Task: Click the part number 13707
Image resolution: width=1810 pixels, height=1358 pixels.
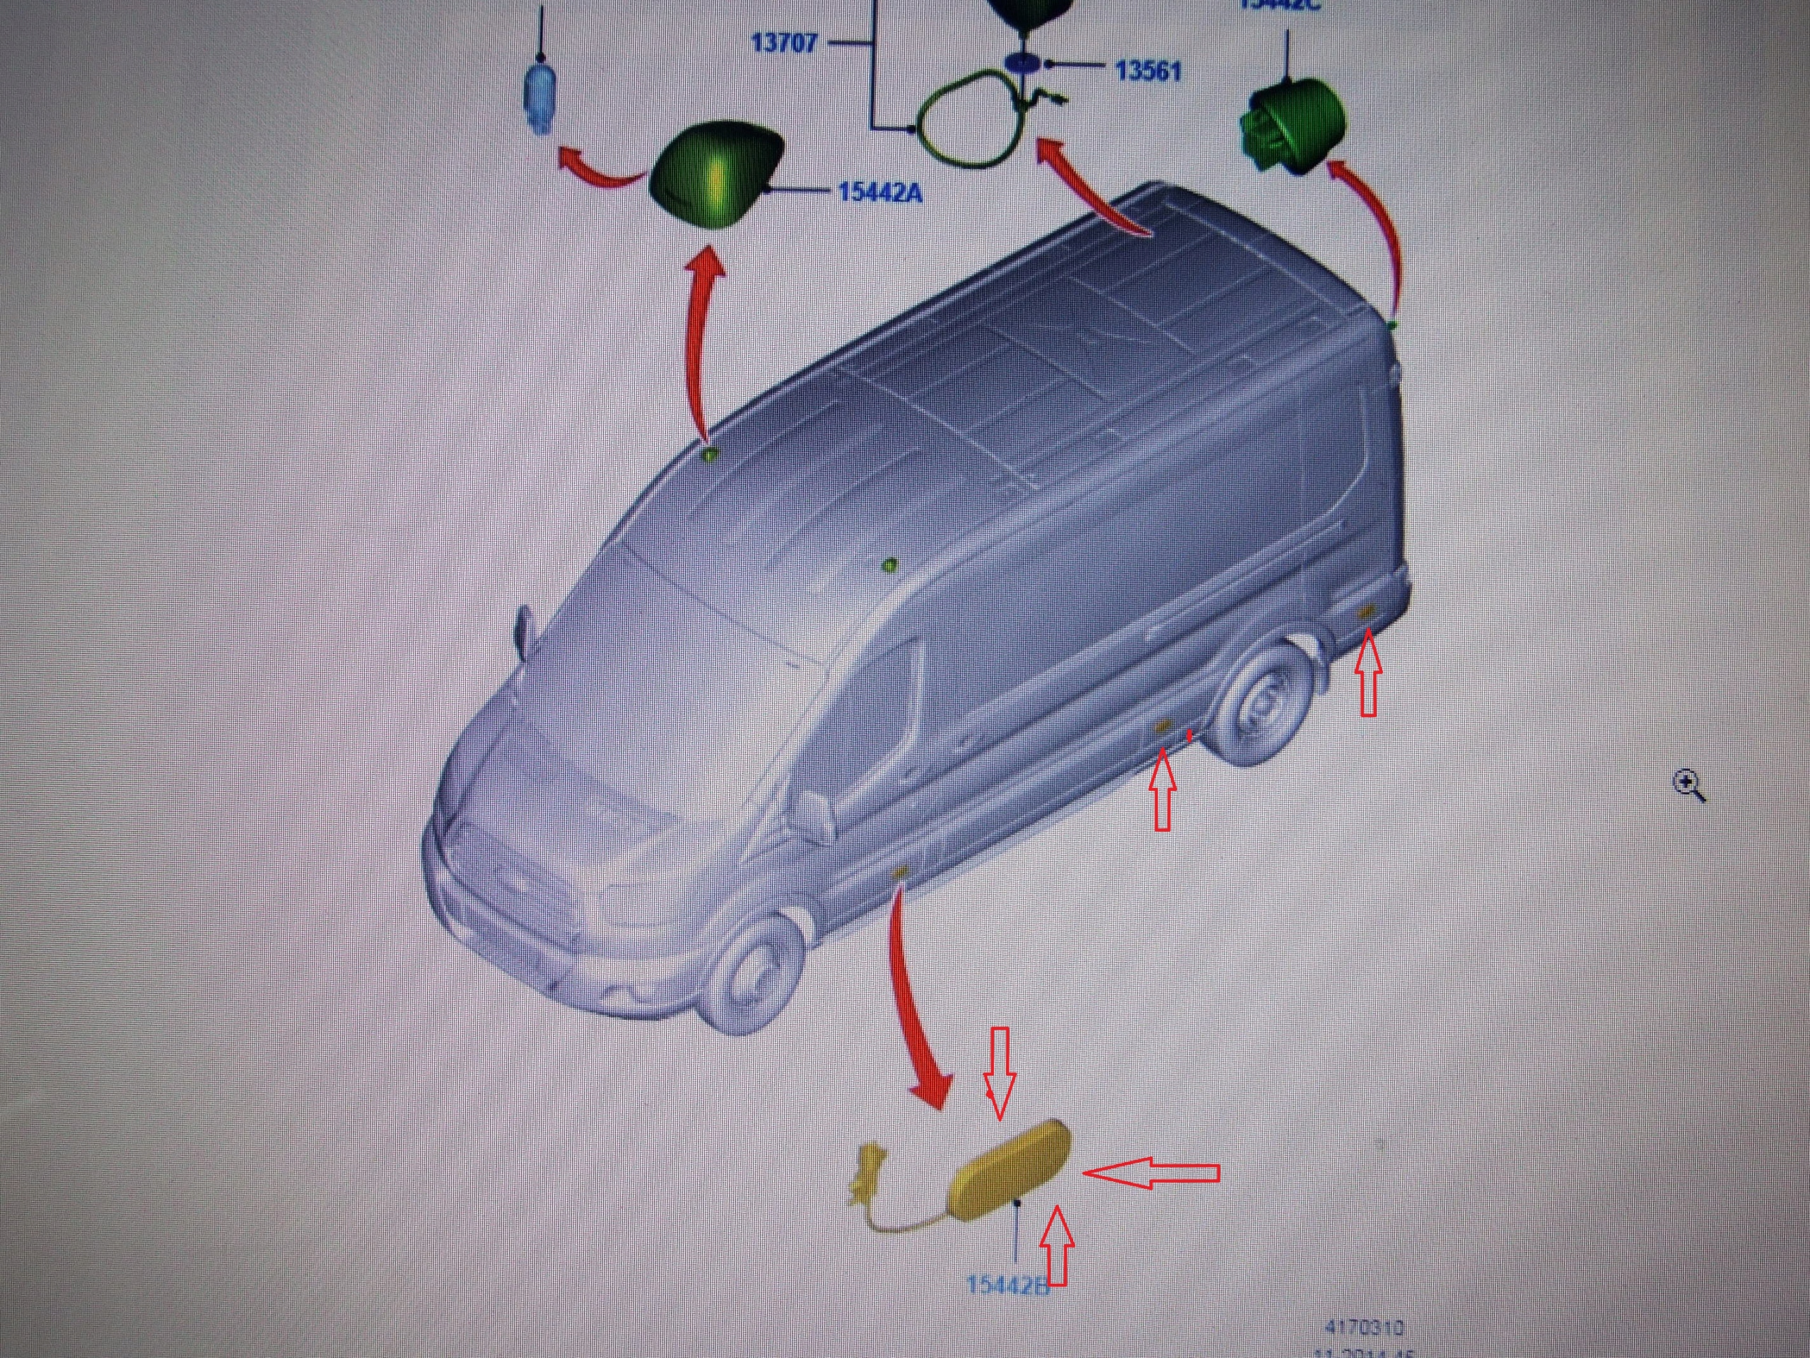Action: [x=784, y=42]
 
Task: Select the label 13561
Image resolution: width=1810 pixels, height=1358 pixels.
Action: [x=1148, y=71]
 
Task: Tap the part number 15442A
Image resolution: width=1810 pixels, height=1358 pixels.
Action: [x=880, y=193]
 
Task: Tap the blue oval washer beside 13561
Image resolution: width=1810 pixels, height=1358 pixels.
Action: [x=1024, y=63]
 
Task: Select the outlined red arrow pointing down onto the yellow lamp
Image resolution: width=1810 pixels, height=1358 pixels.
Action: [x=1000, y=1072]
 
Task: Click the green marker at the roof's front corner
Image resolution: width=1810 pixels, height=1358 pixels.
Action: [x=709, y=453]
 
